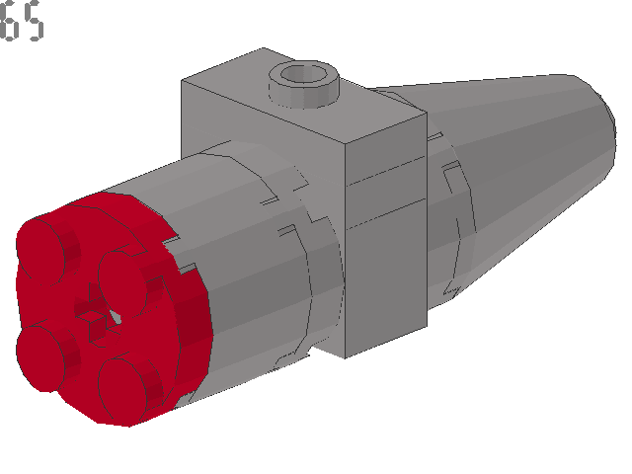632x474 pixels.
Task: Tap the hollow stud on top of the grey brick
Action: click(306, 83)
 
